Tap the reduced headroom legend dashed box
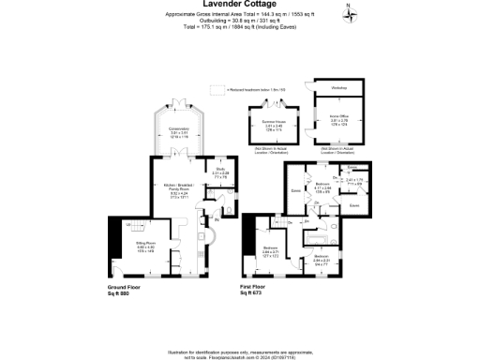pyautogui.click(x=218, y=89)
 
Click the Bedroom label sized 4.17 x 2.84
pyautogui.click(x=322, y=185)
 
